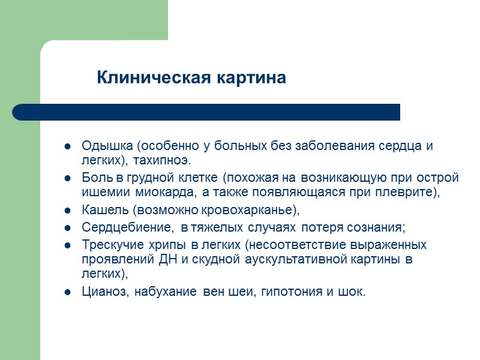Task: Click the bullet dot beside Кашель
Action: click(68, 211)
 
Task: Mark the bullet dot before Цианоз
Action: click(68, 293)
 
